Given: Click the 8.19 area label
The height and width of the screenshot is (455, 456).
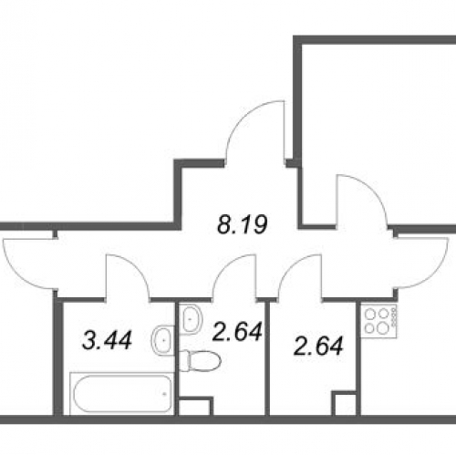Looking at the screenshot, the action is coord(243,224).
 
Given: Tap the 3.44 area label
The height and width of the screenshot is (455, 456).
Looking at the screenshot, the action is coord(107,340).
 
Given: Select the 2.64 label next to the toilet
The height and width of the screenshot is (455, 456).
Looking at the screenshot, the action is coord(237,332).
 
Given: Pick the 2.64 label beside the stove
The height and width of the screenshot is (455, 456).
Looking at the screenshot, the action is coord(318,346).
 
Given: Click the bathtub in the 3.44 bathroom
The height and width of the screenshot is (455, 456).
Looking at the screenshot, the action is coord(122,393).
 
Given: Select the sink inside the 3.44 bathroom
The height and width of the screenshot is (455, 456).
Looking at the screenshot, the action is coord(162,340).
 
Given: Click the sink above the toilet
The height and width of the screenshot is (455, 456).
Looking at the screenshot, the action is coord(191,319).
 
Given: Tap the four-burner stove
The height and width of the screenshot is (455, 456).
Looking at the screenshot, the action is coord(378,320).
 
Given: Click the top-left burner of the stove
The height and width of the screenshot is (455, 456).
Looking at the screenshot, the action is coord(370,313).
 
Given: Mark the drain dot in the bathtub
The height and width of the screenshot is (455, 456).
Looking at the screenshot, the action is coord(164,394).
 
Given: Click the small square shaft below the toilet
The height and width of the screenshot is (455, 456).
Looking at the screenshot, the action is coord(195,406).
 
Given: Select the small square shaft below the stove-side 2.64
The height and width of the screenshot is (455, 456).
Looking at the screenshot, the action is coord(344,404).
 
